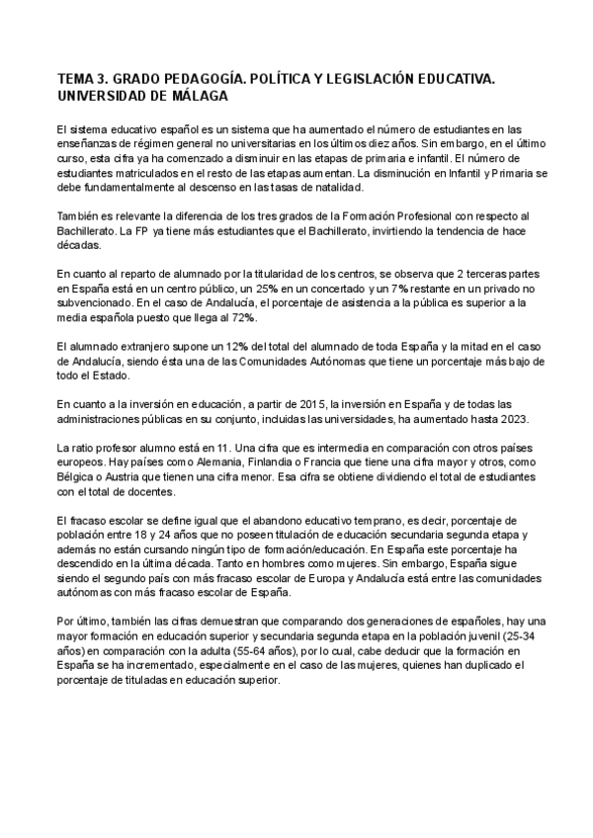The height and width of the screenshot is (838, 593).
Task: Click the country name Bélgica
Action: pos(78,474)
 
